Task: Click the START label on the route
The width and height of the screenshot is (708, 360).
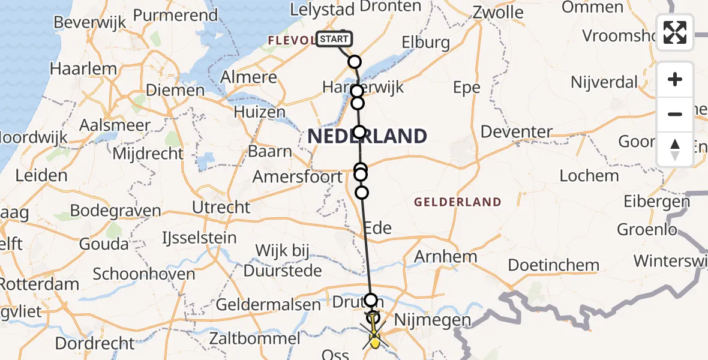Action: (333, 40)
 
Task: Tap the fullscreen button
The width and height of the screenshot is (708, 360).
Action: (675, 32)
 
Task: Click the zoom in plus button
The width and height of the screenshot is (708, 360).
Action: (675, 80)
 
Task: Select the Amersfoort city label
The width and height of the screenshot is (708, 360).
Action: (298, 177)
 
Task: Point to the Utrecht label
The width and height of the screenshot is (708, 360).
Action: (221, 207)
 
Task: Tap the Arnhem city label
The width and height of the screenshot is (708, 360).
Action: (446, 257)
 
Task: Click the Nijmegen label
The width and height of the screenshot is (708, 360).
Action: (433, 320)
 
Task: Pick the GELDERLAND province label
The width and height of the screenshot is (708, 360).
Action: (457, 202)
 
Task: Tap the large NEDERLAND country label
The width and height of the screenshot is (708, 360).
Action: (367, 136)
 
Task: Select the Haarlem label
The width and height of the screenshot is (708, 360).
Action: (83, 68)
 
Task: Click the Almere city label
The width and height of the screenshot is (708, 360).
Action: (249, 77)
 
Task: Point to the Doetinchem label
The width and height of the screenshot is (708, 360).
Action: (553, 265)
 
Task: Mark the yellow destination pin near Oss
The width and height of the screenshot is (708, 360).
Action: (374, 342)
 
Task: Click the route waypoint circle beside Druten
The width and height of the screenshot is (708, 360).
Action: (371, 299)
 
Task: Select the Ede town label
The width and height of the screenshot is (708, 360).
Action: (377, 227)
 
